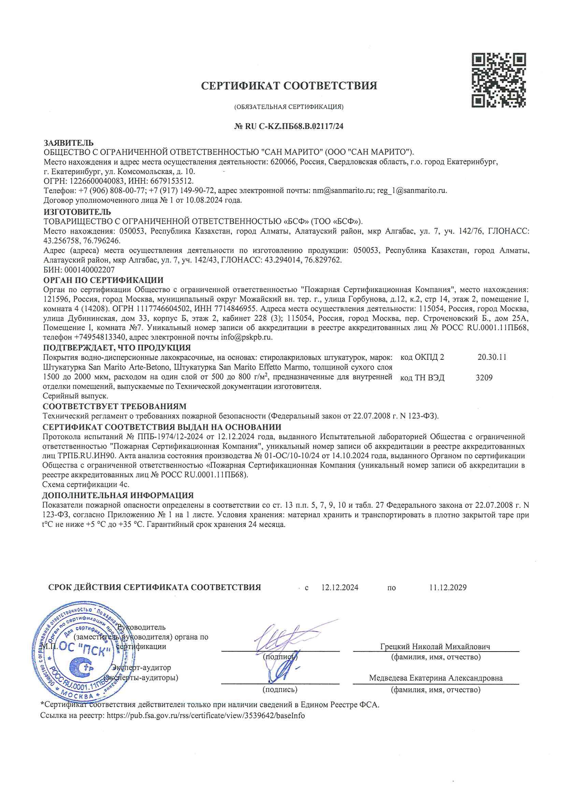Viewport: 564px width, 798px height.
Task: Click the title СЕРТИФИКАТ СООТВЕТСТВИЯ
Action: [289, 86]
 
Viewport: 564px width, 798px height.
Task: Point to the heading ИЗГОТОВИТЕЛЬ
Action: [77, 212]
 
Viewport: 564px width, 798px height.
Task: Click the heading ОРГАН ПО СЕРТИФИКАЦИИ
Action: [103, 281]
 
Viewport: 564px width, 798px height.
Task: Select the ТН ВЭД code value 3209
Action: [484, 378]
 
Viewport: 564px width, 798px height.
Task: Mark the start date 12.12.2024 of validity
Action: [340, 588]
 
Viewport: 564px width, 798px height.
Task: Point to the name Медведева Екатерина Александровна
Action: [436, 678]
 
